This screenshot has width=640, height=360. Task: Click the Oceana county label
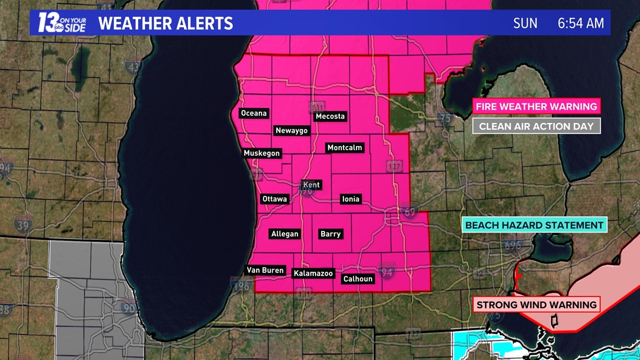coord(254,113)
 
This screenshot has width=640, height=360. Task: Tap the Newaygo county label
coord(292,130)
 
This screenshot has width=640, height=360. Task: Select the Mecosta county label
coord(330,116)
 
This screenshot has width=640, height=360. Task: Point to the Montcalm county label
coord(345,148)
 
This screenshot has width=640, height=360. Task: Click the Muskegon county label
coord(262,153)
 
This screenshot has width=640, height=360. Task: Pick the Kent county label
coord(311,185)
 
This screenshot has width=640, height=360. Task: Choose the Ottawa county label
coord(275,199)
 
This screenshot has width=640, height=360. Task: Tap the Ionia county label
coord(351,199)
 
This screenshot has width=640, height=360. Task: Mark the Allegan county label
coord(285,234)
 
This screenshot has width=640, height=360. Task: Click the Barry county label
coord(330,234)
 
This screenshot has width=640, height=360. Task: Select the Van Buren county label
coord(266,270)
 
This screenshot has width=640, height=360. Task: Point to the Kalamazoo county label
coord(313,274)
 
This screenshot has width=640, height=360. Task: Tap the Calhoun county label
coord(358,279)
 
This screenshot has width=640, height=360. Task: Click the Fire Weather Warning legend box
coord(536,106)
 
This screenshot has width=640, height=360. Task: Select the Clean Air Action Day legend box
coord(536,126)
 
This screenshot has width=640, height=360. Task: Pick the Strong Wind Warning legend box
coord(536,305)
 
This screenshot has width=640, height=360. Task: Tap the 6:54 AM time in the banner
coord(580,23)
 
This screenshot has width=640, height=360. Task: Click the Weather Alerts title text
coord(165,24)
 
